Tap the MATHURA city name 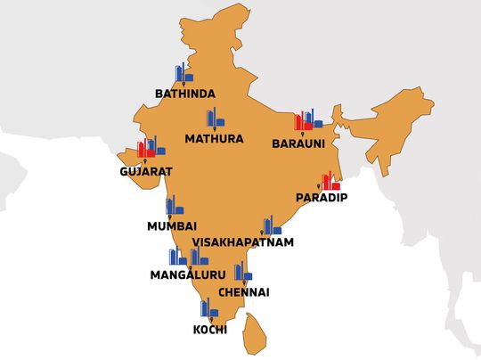[214, 139]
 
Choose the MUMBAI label [172, 226]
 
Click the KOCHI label [209, 330]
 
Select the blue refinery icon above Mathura [214, 119]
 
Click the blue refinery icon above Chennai [242, 273]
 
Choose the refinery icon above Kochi [208, 309]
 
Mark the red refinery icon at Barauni [305, 121]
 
